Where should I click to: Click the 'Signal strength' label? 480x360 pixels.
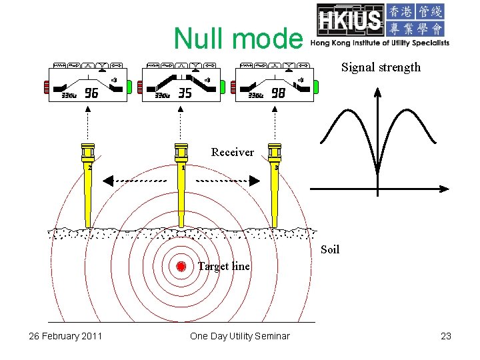tap(381, 67)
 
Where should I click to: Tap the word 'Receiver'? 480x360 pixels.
tap(232, 152)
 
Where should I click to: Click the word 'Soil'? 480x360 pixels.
tap(329, 249)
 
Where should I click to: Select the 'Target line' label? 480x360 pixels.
tap(223, 266)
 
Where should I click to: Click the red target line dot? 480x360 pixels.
tap(180, 267)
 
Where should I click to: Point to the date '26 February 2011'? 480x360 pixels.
tap(65, 336)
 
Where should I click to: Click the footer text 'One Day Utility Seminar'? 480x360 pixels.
tap(240, 336)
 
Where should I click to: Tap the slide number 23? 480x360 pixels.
tap(446, 336)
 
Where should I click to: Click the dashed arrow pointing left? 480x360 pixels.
tap(133, 181)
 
